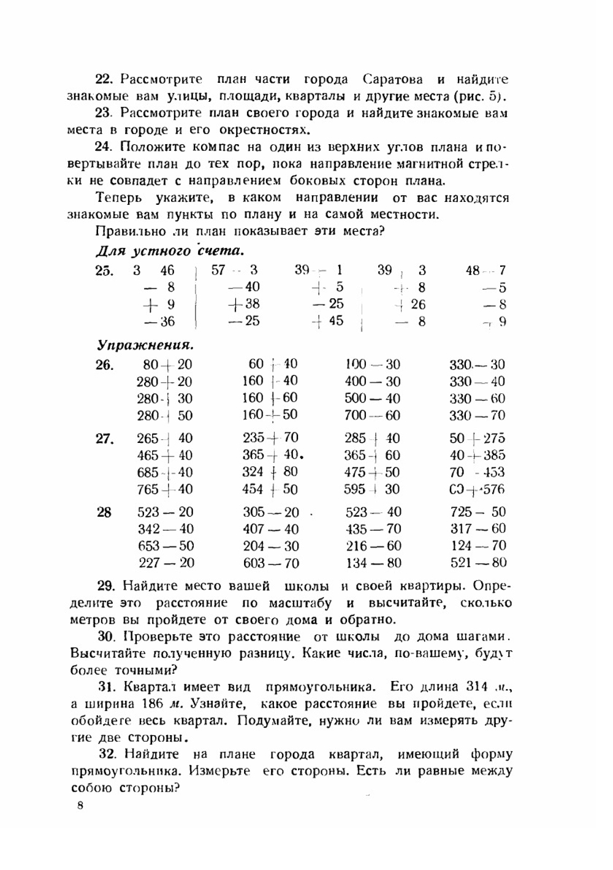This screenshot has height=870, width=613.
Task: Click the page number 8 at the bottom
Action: point(80,806)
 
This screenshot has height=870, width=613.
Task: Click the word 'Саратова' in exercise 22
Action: point(392,80)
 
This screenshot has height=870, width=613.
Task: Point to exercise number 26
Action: point(104,365)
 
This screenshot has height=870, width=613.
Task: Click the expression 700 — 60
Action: point(372,415)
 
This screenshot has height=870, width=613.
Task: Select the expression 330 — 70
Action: point(477,415)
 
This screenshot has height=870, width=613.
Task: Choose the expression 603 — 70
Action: point(270,563)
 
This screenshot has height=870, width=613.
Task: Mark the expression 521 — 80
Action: point(478,563)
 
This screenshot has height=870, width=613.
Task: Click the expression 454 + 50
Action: point(270,490)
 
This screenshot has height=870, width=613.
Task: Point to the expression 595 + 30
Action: point(371,490)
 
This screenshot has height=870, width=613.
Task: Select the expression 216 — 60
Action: point(373,546)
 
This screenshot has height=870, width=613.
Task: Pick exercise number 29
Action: point(106,585)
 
